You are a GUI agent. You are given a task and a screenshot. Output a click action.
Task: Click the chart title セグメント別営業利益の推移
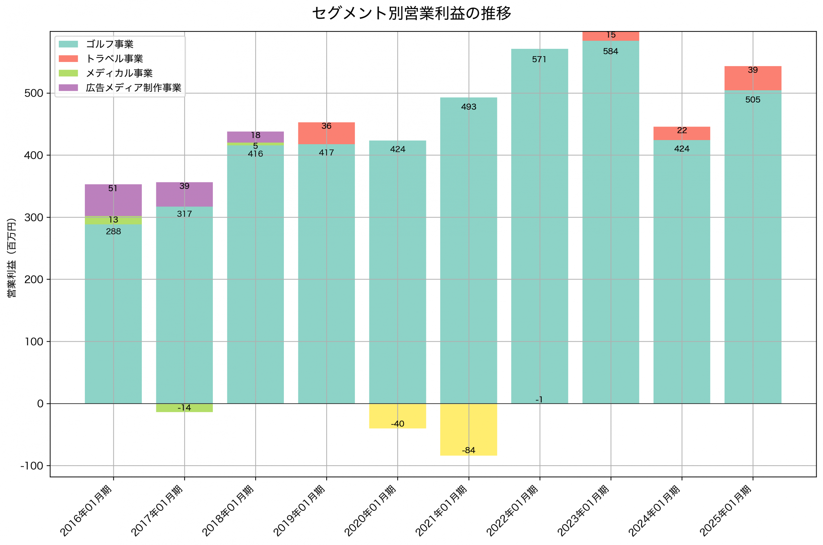[411, 13]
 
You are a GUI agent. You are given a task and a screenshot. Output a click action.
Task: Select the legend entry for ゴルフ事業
[109, 44]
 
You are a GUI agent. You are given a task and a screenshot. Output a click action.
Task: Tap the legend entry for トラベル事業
[114, 59]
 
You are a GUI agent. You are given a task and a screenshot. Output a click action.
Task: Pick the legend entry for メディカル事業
[119, 73]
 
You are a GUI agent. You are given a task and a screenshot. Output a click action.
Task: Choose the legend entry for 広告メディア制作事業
[133, 88]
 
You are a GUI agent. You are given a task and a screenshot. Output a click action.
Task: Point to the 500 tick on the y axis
[34, 93]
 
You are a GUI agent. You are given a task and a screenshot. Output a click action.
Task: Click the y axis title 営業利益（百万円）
[12, 258]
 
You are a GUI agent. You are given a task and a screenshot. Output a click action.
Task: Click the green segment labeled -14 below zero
[184, 408]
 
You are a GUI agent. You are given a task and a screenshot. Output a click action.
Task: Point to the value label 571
[539, 59]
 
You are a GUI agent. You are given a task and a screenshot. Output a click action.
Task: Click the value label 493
[468, 107]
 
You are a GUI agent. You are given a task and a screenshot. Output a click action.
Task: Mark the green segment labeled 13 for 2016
[113, 220]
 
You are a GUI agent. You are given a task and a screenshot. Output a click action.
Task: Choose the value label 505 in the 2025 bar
[752, 100]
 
